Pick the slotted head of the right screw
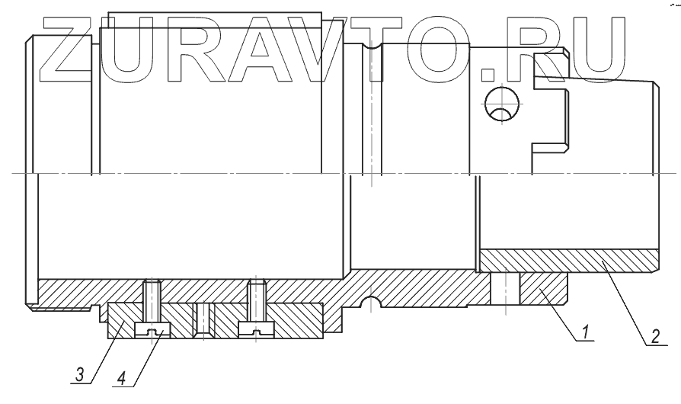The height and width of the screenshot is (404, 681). click(256, 329)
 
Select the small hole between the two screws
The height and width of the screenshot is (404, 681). click(203, 320)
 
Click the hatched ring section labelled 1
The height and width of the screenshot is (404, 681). click(544, 290)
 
